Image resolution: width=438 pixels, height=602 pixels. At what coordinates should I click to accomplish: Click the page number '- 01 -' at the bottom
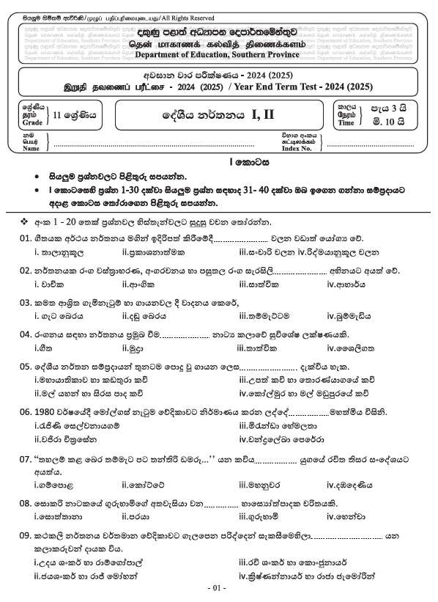(x=218, y=589)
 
